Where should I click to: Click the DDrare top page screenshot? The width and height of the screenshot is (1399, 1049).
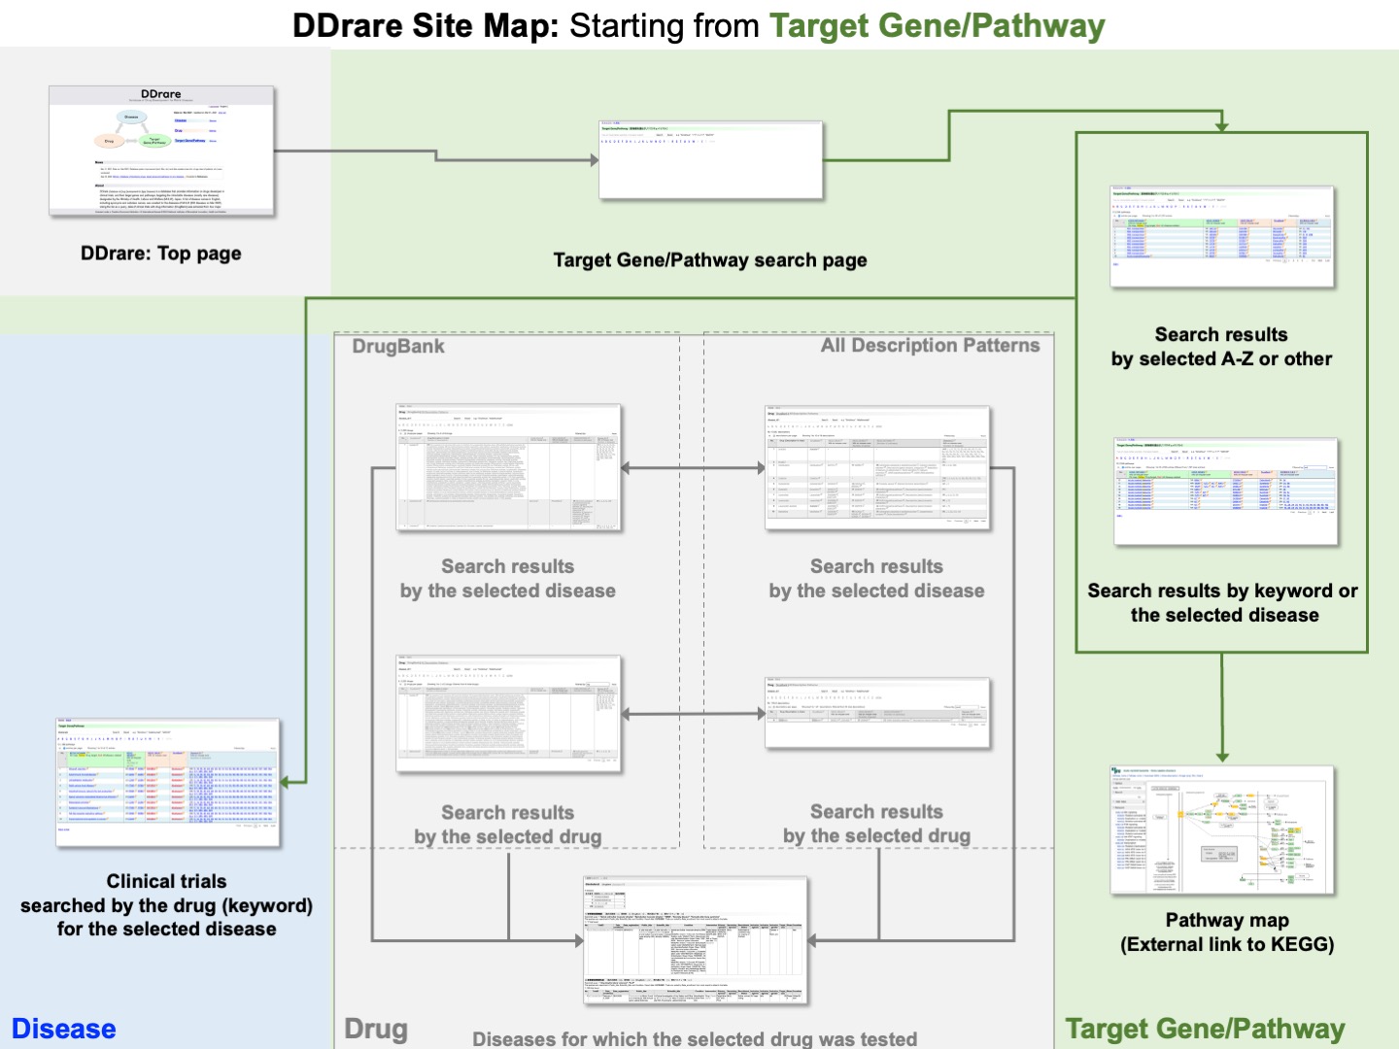(162, 151)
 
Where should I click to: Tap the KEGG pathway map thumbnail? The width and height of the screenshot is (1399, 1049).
(1222, 830)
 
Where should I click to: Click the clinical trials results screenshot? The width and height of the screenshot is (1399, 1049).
(168, 783)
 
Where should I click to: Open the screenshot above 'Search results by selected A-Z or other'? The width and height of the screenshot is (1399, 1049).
(1222, 237)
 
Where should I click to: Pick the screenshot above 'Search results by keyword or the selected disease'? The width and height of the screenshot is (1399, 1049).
(1226, 491)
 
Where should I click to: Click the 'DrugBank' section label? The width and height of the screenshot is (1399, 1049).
(398, 347)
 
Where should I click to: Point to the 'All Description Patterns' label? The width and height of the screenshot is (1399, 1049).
(930, 346)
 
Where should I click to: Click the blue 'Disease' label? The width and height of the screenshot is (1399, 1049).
(64, 1029)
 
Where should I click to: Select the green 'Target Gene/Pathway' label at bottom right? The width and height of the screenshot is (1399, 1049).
(1205, 1029)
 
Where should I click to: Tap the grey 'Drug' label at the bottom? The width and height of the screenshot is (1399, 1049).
(376, 1029)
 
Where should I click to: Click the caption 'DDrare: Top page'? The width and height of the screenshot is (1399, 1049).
(161, 254)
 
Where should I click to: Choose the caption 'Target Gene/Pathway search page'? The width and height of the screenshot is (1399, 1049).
(710, 260)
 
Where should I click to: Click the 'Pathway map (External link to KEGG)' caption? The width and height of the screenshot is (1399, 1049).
(1227, 932)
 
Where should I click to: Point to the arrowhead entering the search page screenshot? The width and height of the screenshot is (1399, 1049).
(594, 160)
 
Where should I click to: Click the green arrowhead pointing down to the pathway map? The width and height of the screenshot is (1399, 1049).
(1222, 756)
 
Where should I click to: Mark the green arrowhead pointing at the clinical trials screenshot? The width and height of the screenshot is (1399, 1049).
(288, 782)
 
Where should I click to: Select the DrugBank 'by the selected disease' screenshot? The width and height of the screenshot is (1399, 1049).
(508, 467)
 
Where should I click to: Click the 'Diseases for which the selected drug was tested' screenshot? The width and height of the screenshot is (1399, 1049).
(696, 940)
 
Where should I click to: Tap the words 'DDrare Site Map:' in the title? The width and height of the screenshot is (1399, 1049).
(426, 25)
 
